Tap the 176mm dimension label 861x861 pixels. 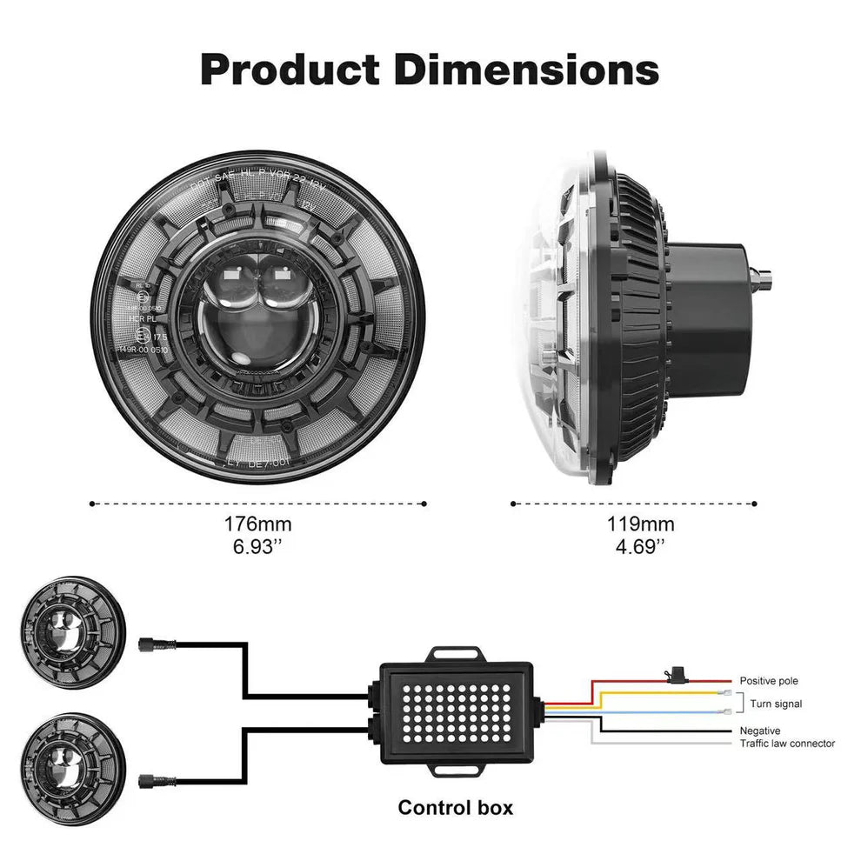tap(258, 524)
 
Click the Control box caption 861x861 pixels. tap(456, 807)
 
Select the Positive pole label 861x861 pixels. tap(769, 681)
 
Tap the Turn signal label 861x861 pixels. tap(776, 704)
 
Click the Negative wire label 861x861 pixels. tap(760, 731)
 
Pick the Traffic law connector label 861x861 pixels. tap(787, 744)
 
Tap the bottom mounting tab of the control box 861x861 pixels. tap(457, 768)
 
